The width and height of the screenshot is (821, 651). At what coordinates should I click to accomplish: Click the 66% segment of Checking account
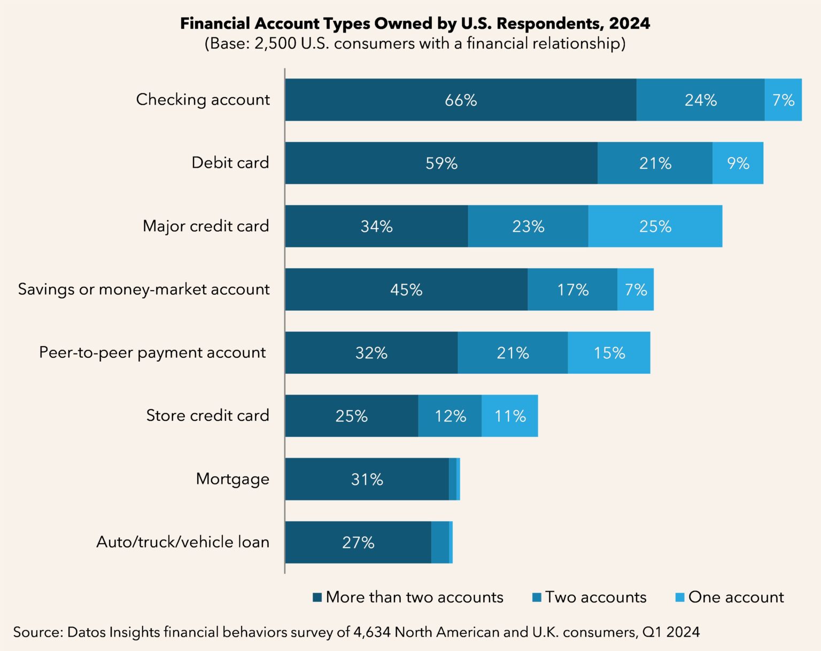point(460,100)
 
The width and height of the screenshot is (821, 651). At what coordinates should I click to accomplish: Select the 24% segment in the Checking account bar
point(700,100)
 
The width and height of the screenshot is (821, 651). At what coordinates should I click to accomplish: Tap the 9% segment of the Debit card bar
point(738,163)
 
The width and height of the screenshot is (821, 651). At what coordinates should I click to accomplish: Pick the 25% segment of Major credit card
point(655,226)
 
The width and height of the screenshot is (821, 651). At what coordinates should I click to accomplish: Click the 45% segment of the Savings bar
point(406,289)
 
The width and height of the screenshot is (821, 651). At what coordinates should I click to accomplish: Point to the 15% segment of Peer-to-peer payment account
point(609,352)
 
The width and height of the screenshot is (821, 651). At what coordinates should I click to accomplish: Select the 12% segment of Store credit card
point(450,416)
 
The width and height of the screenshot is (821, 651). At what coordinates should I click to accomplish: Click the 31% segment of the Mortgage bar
point(367,479)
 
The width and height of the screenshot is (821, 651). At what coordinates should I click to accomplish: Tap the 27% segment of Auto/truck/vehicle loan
point(358,542)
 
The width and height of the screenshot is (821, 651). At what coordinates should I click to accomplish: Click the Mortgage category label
point(233,479)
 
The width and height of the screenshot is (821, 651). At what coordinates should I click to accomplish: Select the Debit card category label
point(230,162)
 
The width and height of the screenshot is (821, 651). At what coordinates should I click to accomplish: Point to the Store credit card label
point(207,415)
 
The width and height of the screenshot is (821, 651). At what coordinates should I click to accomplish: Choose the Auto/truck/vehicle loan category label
point(183,542)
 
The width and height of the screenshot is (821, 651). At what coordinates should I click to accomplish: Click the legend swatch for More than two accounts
point(317,597)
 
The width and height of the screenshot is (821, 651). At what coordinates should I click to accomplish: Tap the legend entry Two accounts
point(595,597)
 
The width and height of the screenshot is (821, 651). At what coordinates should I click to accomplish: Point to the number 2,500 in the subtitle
point(275,43)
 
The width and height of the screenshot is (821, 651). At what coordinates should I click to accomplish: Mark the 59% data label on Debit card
point(441,163)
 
